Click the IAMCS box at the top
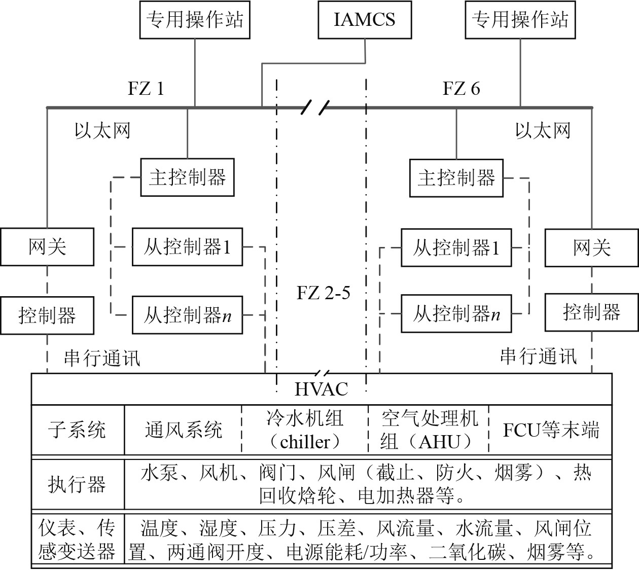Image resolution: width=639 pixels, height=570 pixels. [365, 20]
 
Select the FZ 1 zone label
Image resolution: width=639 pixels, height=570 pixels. [146, 89]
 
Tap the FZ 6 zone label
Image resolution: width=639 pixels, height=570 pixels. [461, 89]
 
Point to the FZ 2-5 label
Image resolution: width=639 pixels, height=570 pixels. [323, 293]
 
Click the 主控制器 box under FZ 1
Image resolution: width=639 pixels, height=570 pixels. [187, 177]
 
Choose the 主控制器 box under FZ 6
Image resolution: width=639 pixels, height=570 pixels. [456, 177]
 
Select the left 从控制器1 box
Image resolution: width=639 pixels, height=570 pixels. [187, 247]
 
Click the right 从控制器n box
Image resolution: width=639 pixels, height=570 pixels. [456, 314]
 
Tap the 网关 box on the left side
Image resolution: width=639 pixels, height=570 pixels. [47, 247]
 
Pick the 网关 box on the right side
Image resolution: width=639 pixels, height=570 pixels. [591, 247]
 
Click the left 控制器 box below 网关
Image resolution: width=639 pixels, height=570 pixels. [47, 315]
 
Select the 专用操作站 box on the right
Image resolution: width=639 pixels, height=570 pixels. [520, 20]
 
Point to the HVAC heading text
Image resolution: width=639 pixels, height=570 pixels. [322, 389]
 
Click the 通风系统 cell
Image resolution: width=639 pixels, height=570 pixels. [184, 430]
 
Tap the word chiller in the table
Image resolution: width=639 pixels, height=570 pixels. [305, 442]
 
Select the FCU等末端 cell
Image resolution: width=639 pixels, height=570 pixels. [551, 430]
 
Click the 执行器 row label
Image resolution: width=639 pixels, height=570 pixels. [77, 484]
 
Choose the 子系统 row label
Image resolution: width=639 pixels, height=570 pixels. [77, 430]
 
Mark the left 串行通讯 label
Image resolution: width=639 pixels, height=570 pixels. [101, 358]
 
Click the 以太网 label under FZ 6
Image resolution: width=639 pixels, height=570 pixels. [543, 130]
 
